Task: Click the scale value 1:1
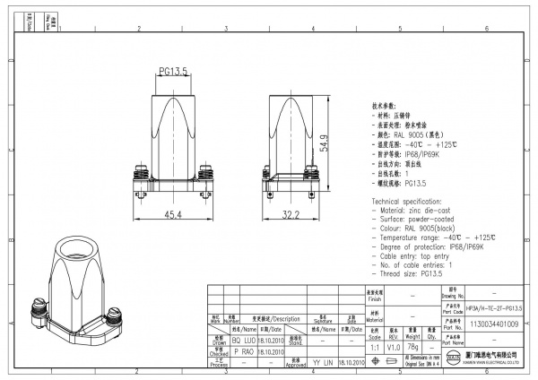click(374, 344)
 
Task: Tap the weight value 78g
click(413, 344)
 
